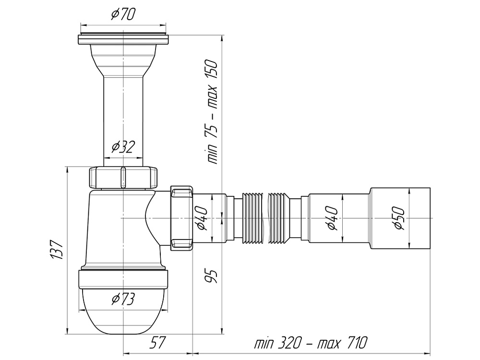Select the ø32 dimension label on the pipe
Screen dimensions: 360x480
pyautogui.click(x=123, y=146)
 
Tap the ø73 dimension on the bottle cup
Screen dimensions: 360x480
pyautogui.click(x=123, y=300)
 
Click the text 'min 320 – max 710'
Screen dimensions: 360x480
pyautogui.click(x=311, y=343)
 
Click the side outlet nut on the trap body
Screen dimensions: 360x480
pyautogui.click(x=181, y=218)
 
